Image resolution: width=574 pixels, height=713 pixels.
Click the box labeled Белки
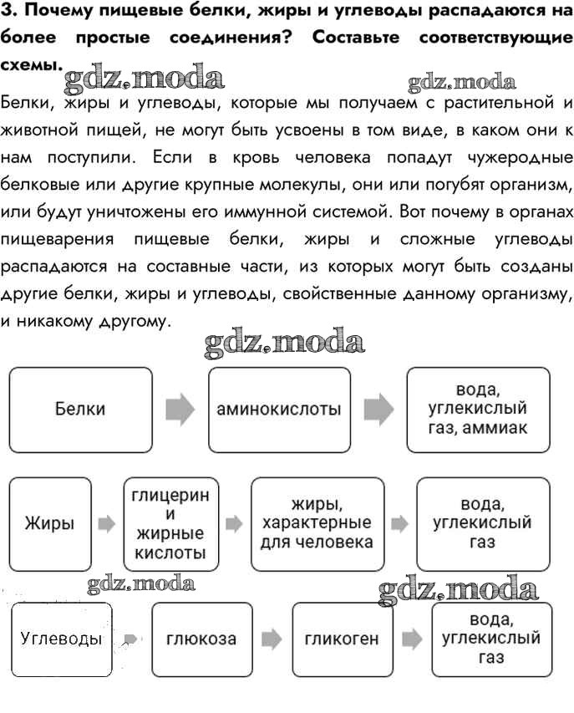click(x=80, y=410)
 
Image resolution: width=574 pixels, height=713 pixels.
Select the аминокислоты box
click(x=279, y=410)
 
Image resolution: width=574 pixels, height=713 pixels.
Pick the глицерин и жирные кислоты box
click(x=170, y=524)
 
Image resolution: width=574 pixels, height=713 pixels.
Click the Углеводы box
click(x=61, y=639)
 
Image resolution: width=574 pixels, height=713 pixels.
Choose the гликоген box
click(x=342, y=639)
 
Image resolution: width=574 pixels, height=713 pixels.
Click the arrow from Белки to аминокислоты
click(x=180, y=410)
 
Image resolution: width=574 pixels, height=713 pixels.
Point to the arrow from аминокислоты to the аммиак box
click(x=378, y=410)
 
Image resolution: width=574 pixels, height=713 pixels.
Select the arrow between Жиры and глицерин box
click(x=105, y=525)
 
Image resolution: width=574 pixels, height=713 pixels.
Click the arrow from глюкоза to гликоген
click(x=271, y=639)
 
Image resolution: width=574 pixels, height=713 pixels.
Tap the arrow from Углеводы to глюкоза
click(x=130, y=640)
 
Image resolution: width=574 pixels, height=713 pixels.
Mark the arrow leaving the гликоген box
click(x=411, y=639)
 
